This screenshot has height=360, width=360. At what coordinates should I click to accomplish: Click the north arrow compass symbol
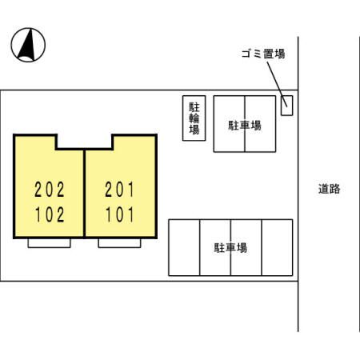28,45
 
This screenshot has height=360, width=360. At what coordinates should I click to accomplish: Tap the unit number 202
50,190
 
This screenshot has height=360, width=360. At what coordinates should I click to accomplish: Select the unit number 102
50,214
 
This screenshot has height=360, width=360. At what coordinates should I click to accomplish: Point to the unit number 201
119,190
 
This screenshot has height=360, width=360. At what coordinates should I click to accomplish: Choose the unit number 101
120,214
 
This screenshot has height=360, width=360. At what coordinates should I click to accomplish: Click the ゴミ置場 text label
263,54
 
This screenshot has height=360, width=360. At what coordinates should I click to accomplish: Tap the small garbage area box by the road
286,106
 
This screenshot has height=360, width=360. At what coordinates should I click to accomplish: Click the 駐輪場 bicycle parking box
194,118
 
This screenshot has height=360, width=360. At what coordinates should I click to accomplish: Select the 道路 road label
330,189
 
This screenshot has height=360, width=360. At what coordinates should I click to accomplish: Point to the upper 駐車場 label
245,126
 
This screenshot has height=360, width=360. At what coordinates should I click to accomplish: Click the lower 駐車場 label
230,248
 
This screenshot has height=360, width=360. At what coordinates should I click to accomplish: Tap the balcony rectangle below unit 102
50,243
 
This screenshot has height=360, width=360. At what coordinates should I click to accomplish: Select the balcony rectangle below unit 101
119,243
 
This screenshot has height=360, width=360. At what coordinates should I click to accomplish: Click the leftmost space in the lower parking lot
184,247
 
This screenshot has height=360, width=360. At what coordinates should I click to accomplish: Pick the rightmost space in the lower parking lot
277,247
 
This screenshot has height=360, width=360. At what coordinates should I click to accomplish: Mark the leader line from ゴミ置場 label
277,84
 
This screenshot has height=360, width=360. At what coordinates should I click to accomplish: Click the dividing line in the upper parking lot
245,124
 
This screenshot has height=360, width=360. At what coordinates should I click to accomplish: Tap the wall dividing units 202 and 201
84,194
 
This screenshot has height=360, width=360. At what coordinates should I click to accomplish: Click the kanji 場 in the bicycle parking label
194,130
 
